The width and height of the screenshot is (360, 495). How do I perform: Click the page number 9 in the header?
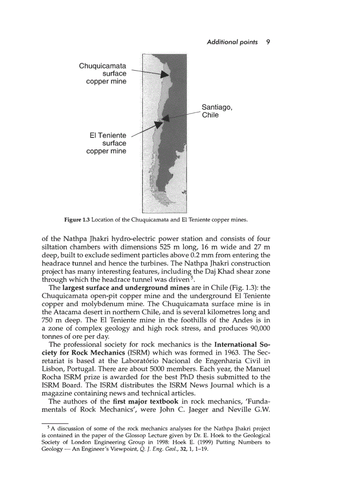click(x=268, y=42)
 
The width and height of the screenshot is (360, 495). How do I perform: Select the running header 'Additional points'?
click(x=232, y=42)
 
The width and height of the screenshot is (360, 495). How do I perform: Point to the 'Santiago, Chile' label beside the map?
click(x=217, y=111)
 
